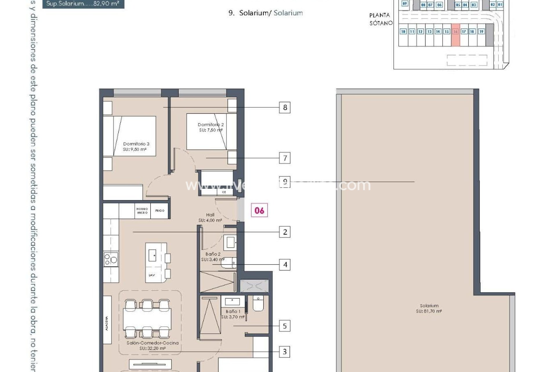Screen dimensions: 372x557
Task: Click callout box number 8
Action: [x=285, y=108]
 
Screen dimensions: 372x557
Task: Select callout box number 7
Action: [x=285, y=158]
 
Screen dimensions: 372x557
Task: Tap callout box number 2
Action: [x=285, y=232]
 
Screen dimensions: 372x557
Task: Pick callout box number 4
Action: [x=285, y=265]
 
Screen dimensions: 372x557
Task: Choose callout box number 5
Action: [x=285, y=326]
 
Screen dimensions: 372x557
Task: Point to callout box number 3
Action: [x=285, y=352]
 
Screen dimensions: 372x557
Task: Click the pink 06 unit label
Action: [x=259, y=210]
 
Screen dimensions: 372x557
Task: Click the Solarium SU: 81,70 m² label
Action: [x=429, y=308]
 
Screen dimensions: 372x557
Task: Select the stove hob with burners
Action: [x=111, y=259]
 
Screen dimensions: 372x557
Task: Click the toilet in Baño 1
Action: [x=258, y=304]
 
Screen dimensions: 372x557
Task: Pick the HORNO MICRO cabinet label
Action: [x=142, y=211]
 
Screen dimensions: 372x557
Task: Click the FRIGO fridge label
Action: [x=160, y=211]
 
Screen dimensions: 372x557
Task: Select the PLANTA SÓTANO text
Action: [x=381, y=19]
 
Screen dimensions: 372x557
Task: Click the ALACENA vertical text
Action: [x=107, y=323]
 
